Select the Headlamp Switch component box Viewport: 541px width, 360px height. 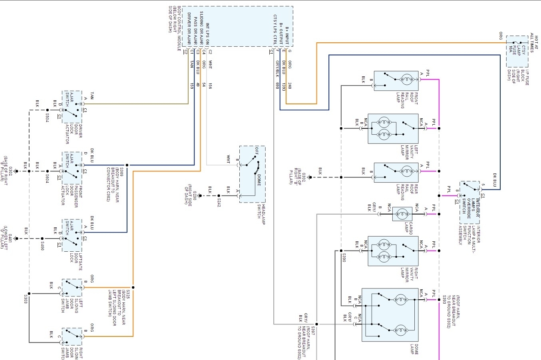[x=252, y=174]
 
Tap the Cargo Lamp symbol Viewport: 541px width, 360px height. [x=402, y=214]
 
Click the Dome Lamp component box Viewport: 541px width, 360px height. [x=390, y=315]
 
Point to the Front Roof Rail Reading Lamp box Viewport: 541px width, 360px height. [x=396, y=81]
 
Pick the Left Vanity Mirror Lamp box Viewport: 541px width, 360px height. [x=393, y=129]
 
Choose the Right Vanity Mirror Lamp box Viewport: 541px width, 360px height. [x=393, y=251]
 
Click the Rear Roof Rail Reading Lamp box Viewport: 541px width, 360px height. [x=396, y=173]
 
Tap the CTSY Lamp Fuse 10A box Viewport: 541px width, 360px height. [x=517, y=52]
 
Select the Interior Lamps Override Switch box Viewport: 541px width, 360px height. [x=470, y=203]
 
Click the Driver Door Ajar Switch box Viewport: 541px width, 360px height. [x=72, y=107]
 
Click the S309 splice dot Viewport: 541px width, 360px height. [x=127, y=165]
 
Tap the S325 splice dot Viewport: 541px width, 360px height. [x=133, y=287]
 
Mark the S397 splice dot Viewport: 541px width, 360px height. [x=316, y=324]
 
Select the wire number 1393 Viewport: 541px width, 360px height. [x=284, y=86]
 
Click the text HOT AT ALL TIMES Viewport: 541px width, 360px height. [x=534, y=44]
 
